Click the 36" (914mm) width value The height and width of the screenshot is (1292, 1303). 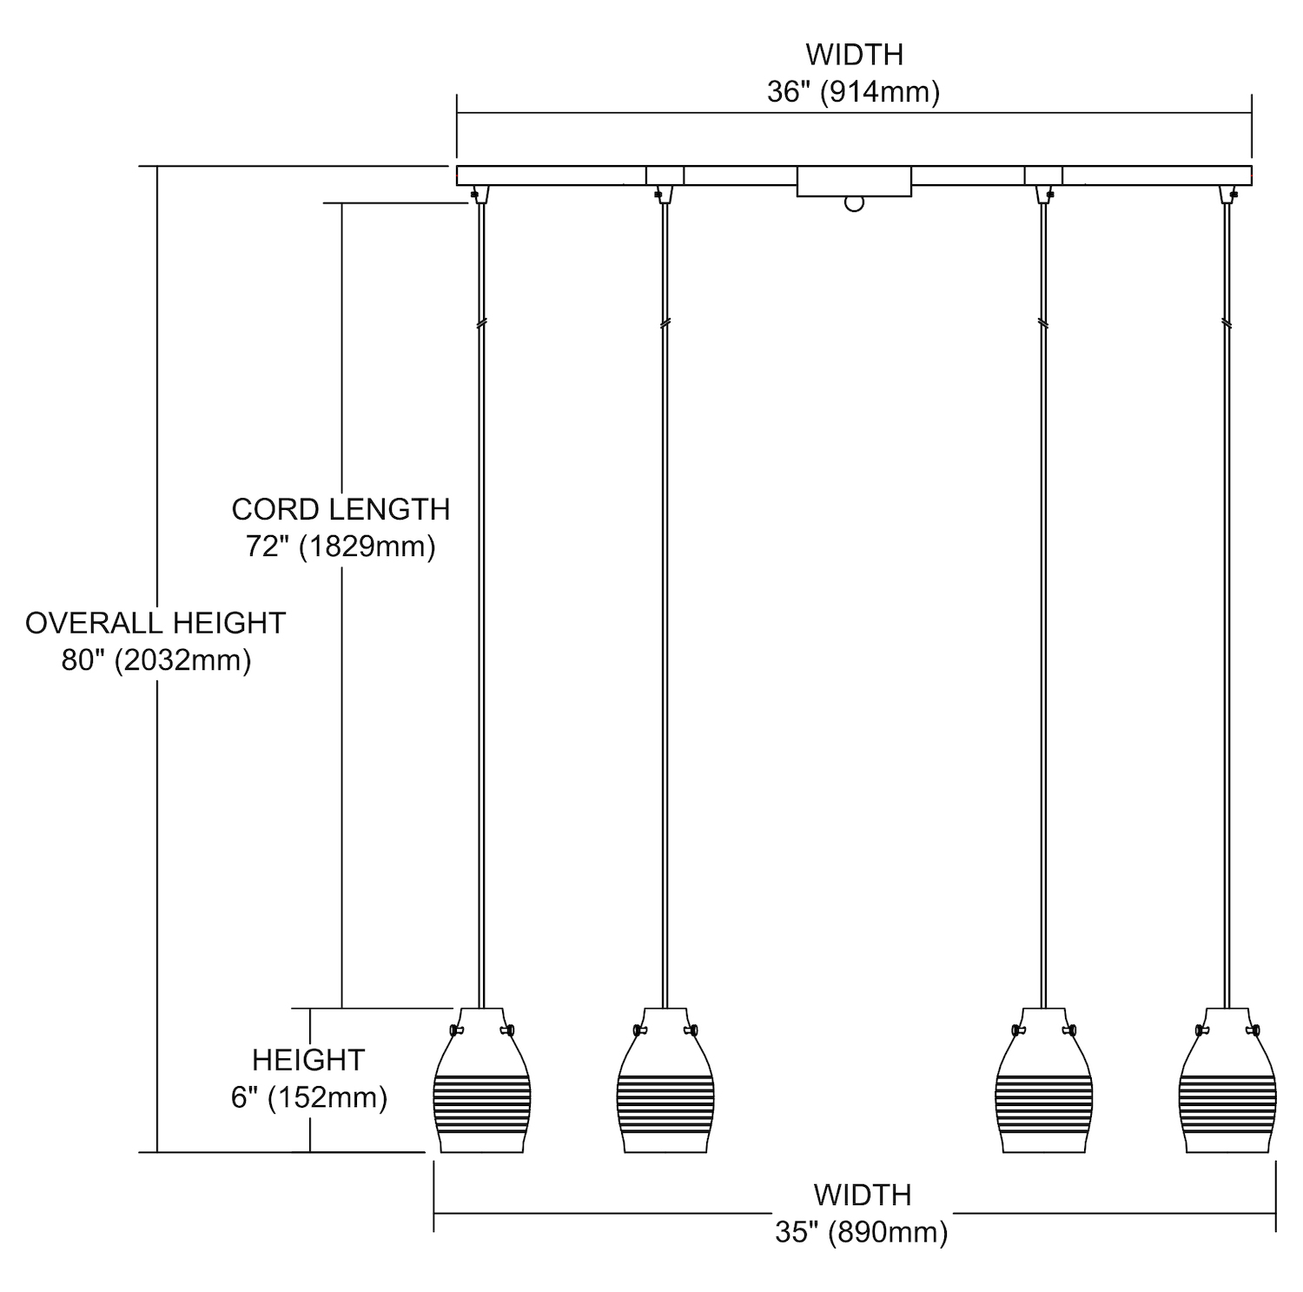point(853,92)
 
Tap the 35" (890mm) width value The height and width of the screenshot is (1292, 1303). point(861,1232)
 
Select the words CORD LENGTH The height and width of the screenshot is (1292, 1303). point(341,509)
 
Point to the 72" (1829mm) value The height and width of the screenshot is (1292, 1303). point(341,547)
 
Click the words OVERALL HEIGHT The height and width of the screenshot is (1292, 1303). point(155,623)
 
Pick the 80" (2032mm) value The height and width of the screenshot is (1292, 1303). point(156,660)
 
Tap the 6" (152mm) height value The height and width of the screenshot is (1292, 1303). point(308,1097)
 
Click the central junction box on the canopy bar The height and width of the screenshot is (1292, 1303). point(854,182)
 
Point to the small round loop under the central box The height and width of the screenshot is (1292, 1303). point(855,204)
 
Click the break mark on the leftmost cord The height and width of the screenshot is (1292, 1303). point(481,322)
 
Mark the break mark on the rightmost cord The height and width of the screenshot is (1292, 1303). point(1227,322)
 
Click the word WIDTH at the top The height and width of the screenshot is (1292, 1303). point(854,55)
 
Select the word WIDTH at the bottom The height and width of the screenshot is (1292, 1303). point(863,1195)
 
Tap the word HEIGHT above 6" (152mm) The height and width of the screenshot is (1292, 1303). point(308,1060)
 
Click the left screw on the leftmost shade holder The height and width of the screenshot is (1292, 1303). point(455,1030)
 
